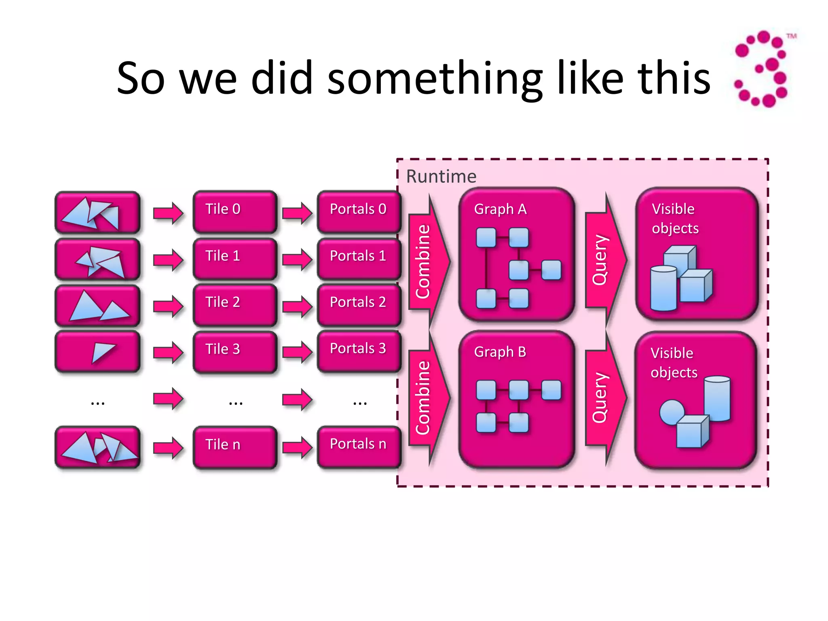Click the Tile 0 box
tap(235, 212)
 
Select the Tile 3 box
tap(235, 351)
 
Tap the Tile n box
tap(235, 447)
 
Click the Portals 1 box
tap(359, 259)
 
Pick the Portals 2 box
tap(359, 305)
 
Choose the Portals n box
tap(359, 447)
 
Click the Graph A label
tap(500, 209)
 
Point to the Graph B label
tap(500, 352)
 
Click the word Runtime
tap(441, 177)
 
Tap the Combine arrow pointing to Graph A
tap(428, 261)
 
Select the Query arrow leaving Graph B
tap(604, 398)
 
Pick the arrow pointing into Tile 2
tap(168, 306)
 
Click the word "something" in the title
tap(435, 79)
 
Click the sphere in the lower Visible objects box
tap(671, 412)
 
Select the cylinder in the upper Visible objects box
tap(663, 288)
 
